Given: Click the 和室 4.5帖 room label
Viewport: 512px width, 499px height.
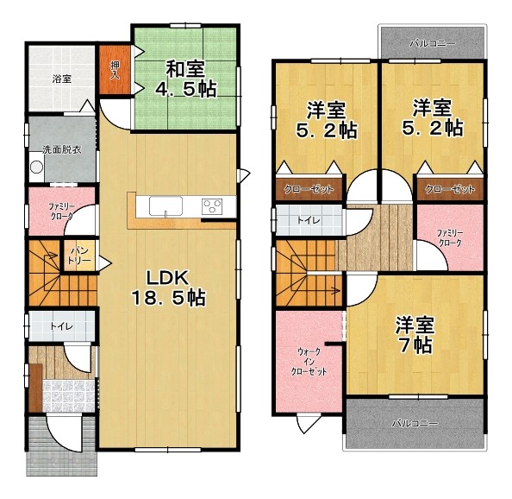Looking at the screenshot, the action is (186, 79).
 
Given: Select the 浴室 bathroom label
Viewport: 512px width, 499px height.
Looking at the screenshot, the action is (62, 79).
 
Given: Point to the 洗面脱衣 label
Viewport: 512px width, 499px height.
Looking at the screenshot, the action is (62, 149).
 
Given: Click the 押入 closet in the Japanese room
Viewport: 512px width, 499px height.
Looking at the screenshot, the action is (115, 70).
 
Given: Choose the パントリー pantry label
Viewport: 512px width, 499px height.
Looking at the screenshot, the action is (80, 256).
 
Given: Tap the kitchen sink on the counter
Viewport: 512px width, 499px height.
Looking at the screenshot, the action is (165, 206).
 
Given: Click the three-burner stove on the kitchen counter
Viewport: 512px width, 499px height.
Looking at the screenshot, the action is (212, 206).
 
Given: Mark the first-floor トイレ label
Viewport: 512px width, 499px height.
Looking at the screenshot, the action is (62, 326).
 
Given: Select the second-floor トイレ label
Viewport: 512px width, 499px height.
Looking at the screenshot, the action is (309, 220).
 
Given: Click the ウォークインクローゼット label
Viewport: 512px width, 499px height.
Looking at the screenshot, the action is (309, 362).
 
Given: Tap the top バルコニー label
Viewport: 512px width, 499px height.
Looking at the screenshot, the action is (433, 43).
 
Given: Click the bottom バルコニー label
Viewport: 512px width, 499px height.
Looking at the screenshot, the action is (415, 424).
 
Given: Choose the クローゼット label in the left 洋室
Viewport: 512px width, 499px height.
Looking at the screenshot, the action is (309, 189).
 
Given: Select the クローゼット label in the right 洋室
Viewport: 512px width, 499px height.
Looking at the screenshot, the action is (450, 189).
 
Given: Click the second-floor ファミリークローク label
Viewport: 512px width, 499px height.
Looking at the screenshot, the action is (450, 238).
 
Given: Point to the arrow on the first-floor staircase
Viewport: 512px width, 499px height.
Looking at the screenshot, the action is (51, 256).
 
